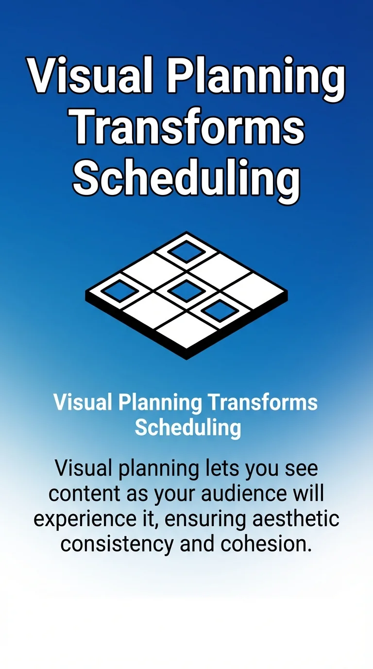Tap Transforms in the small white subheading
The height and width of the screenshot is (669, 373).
(262, 403)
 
